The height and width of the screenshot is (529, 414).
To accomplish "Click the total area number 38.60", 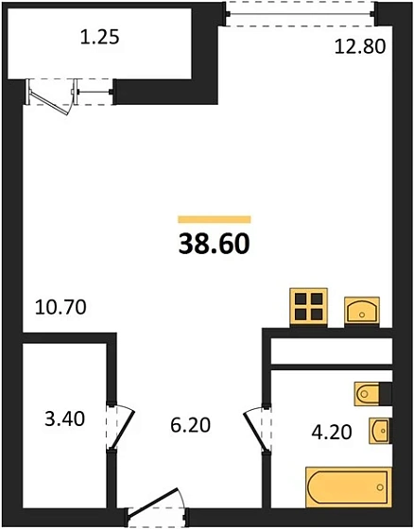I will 214,244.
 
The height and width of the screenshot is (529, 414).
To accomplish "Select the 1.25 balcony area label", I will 99,39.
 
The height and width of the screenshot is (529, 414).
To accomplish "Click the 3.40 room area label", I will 65,417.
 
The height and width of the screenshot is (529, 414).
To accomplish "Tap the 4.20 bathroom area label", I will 333,435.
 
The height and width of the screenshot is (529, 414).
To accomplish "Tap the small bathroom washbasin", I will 380,430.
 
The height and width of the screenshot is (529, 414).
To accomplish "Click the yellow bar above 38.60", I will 214,218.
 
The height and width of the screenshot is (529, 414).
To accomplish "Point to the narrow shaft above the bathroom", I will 331,350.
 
